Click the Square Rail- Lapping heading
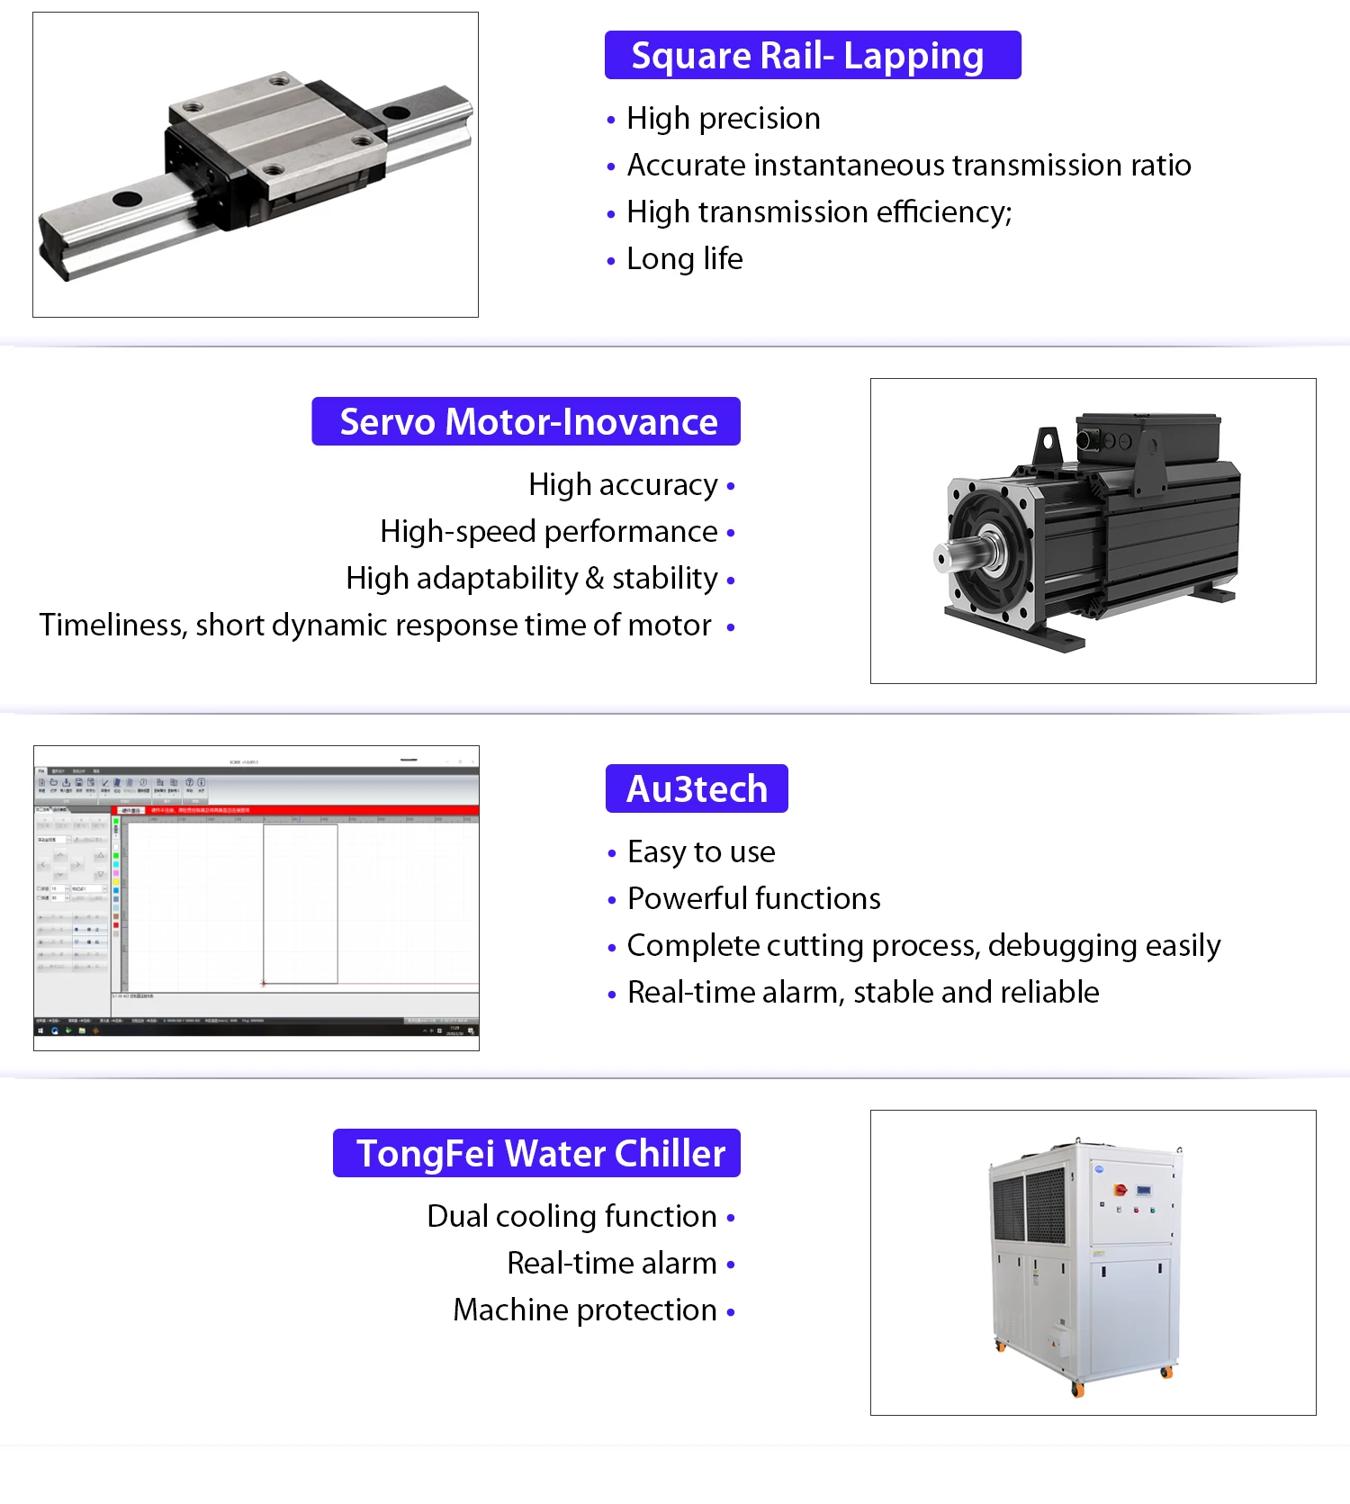pyautogui.click(x=812, y=56)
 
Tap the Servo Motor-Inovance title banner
pyautogui.click(x=526, y=422)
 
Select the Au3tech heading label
pyautogui.click(x=697, y=789)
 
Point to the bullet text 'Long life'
pyautogui.click(x=684, y=259)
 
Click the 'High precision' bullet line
pyautogui.click(x=723, y=119)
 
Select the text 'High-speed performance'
pyautogui.click(x=548, y=532)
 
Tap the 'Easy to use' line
pyautogui.click(x=701, y=851)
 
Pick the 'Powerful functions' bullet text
pyautogui.click(x=753, y=898)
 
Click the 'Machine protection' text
pyautogui.click(x=585, y=1310)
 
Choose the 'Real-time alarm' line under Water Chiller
pyautogui.click(x=611, y=1264)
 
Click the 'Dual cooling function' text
pyautogui.click(x=571, y=1217)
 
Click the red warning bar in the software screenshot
pyautogui.click(x=297, y=810)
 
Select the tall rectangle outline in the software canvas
pyautogui.click(x=301, y=904)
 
